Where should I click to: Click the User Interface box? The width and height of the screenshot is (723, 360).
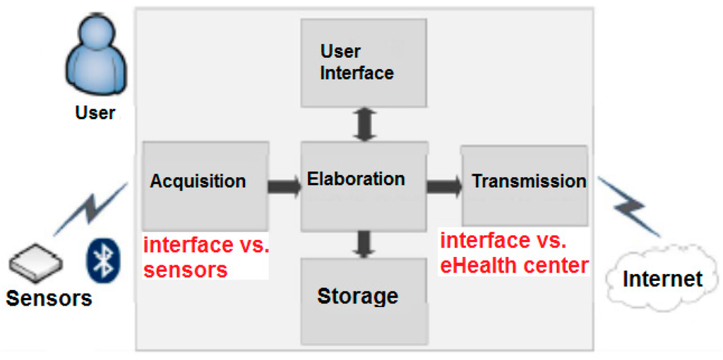tap(364, 62)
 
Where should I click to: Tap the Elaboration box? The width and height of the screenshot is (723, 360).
tap(364, 185)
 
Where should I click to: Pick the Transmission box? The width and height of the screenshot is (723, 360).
tap(525, 184)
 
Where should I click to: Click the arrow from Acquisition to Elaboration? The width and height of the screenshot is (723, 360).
tap(284, 187)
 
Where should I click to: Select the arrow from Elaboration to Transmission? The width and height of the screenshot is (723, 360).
tap(443, 187)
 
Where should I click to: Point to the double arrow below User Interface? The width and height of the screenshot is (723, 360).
tap(364, 124)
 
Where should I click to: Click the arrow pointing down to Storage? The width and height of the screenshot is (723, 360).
tap(364, 244)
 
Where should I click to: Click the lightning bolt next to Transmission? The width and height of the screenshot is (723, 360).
tap(629, 205)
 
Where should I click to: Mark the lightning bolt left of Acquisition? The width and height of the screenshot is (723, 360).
tap(89, 209)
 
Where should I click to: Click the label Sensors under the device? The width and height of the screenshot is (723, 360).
tap(49, 298)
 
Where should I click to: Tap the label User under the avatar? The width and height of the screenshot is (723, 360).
tap(95, 113)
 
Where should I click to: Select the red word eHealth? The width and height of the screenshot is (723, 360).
tap(487, 265)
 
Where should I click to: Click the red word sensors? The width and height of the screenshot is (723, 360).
tap(185, 270)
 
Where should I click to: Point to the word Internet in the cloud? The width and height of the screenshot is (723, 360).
tap(662, 278)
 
